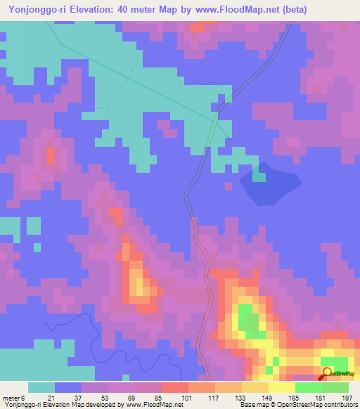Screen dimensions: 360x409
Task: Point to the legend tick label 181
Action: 321,398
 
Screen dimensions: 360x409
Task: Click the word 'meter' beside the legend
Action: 11,398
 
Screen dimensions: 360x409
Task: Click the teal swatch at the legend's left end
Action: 41,387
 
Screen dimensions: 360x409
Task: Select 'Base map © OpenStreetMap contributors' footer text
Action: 296,405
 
